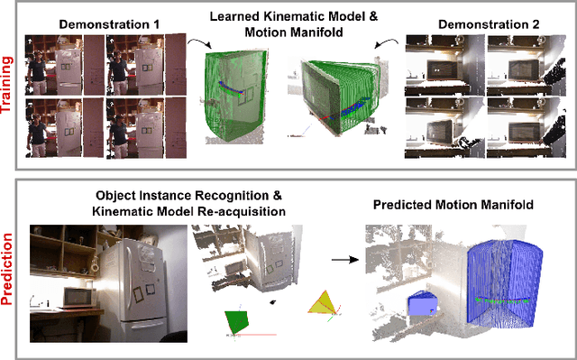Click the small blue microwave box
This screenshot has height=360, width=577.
click(x=422, y=305)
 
